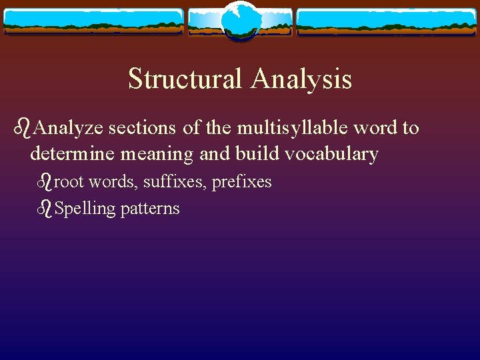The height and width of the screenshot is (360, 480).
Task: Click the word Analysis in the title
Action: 301,79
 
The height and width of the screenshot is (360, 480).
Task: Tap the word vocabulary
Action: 331,154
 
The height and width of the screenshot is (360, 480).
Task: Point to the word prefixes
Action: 241,181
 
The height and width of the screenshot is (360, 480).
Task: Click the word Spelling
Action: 85,209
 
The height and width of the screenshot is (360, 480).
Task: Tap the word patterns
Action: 150,209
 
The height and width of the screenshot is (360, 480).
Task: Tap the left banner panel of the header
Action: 93,21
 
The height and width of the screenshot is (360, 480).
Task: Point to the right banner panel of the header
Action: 387,21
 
